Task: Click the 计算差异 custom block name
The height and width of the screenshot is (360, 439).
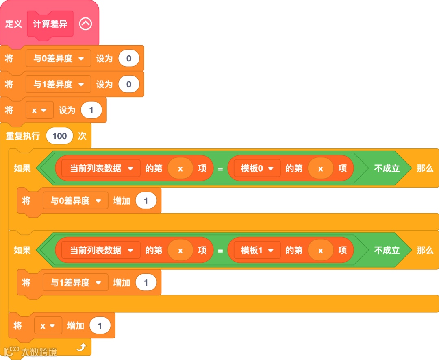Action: tap(50, 24)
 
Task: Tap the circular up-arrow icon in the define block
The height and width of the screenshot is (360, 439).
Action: tap(85, 24)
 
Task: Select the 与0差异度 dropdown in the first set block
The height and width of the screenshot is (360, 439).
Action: tap(59, 59)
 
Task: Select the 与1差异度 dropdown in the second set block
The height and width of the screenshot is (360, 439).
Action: tap(59, 84)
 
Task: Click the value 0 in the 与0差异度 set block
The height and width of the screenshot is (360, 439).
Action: tap(129, 59)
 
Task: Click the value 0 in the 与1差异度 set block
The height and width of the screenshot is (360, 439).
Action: tap(129, 84)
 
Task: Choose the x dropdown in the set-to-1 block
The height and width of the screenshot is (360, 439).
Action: tap(39, 110)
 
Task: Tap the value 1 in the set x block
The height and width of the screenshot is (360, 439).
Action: tap(91, 110)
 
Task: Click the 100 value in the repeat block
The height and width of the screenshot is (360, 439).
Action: tap(59, 136)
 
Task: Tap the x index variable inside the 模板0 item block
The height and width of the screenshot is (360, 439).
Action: tap(320, 168)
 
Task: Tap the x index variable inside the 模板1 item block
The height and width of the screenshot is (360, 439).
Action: tap(320, 251)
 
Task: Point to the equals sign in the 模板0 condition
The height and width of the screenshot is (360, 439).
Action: tap(220, 168)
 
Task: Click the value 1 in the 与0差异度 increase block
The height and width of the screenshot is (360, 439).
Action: tap(146, 201)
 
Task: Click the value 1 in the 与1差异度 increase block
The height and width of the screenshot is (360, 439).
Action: tap(146, 283)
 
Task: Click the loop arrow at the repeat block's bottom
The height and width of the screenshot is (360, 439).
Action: tap(81, 347)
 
